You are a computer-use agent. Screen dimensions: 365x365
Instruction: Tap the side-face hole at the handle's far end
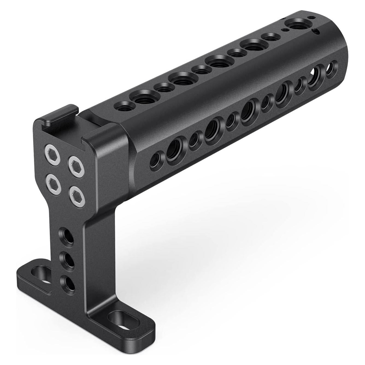331,68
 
